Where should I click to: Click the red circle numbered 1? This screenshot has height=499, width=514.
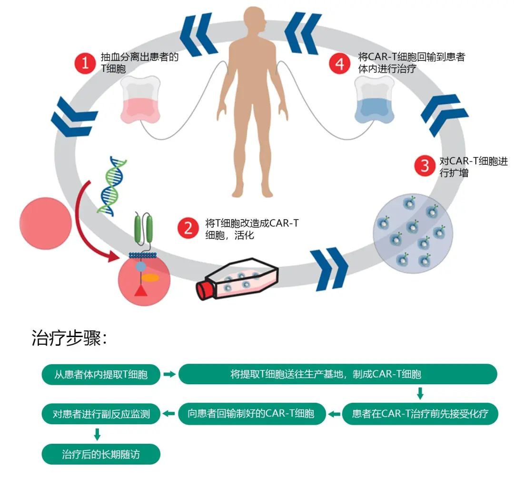click(86, 63)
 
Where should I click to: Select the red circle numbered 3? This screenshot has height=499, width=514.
click(425, 166)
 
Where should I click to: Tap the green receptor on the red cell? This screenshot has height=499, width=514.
click(144, 231)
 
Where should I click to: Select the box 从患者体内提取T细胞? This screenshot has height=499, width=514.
click(101, 374)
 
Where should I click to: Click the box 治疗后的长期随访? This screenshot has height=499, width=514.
click(101, 454)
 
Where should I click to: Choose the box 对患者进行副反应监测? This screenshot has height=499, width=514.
click(101, 414)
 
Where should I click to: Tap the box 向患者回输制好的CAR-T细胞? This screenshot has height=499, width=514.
click(253, 414)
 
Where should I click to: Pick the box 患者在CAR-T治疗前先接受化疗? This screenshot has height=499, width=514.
click(420, 414)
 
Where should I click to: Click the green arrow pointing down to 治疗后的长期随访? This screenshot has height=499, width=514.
click(97, 434)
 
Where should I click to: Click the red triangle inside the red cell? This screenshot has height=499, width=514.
click(140, 290)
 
